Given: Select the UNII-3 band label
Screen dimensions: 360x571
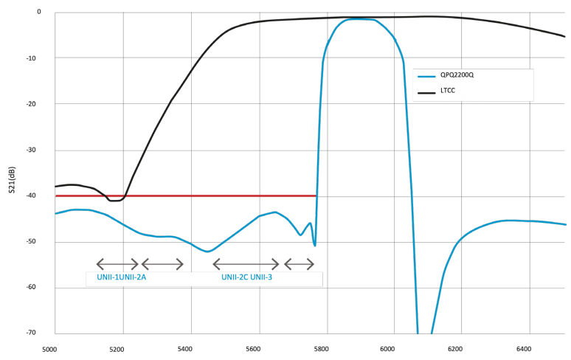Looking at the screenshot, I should pyautogui.click(x=261, y=277).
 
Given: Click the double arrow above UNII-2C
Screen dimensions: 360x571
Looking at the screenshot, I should pyautogui.click(x=246, y=264).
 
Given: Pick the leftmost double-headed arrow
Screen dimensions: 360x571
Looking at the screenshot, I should pyautogui.click(x=117, y=264).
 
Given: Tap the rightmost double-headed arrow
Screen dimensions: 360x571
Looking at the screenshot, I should pyautogui.click(x=300, y=264).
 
